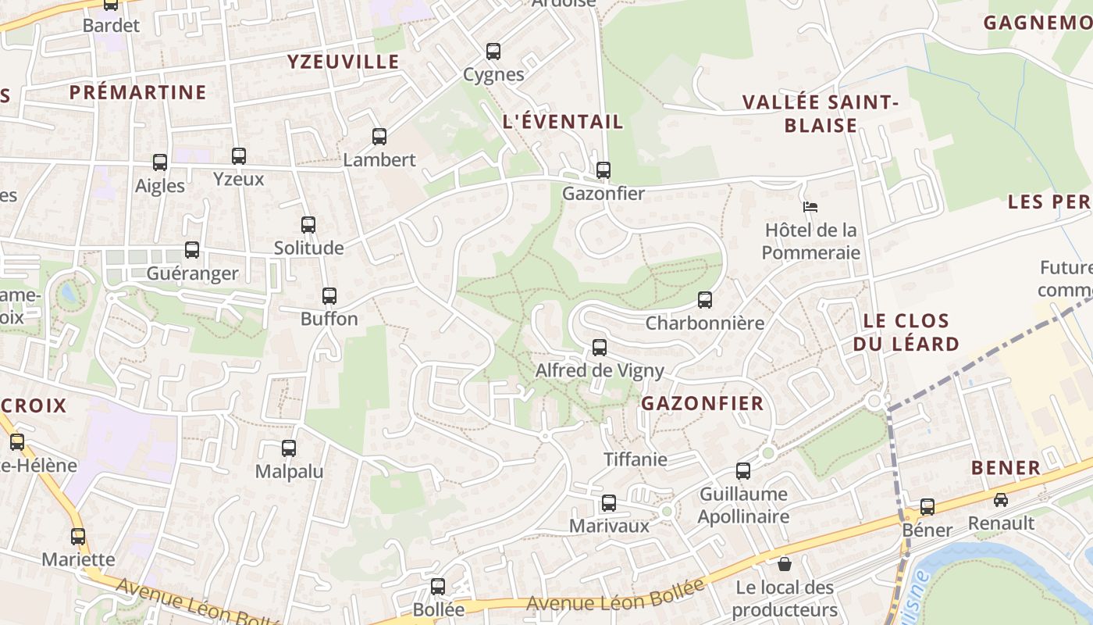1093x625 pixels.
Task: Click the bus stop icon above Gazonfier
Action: point(603,170)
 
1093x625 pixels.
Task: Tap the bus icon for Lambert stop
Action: point(379,137)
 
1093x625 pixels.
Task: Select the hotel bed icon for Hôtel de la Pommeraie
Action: point(810,207)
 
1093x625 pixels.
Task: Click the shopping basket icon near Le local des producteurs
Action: point(785,563)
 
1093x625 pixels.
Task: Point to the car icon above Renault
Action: point(1001,499)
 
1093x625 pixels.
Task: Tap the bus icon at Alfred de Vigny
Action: point(600,348)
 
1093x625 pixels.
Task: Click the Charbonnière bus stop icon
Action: point(705,300)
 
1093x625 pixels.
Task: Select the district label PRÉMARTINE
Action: point(138,92)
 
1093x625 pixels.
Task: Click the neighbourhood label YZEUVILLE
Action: point(343,62)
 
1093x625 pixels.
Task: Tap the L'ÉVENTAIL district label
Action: point(563,122)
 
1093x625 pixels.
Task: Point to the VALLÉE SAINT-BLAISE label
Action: point(821,114)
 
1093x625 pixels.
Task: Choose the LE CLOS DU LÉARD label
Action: point(906,332)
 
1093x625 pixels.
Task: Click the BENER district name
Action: point(1006,468)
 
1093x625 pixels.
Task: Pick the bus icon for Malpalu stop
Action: point(289,448)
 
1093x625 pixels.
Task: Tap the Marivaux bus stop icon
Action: point(609,503)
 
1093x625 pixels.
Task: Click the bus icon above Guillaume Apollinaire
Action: point(743,471)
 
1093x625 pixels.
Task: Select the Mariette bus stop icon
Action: point(78,537)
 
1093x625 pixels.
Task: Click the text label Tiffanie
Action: point(636,459)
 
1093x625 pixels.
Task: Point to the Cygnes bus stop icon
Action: point(493,52)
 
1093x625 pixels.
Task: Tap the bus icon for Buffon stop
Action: point(329,296)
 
